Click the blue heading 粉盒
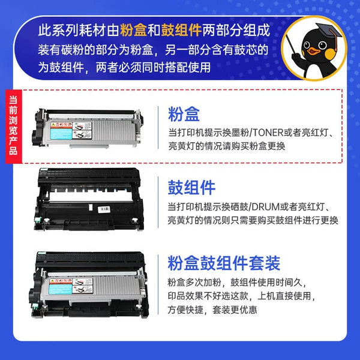184,114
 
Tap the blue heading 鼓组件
191,187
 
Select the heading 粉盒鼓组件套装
224,263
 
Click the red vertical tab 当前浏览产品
14,126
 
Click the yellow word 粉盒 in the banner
133,30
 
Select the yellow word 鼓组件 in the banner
181,30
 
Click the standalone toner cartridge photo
88,128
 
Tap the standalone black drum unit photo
89,199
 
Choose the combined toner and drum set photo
89,284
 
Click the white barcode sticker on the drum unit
104,209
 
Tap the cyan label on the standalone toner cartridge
61,134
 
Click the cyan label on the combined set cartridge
61,289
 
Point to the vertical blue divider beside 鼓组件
158,202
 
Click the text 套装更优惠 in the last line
235,310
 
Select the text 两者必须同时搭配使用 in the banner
153,67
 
